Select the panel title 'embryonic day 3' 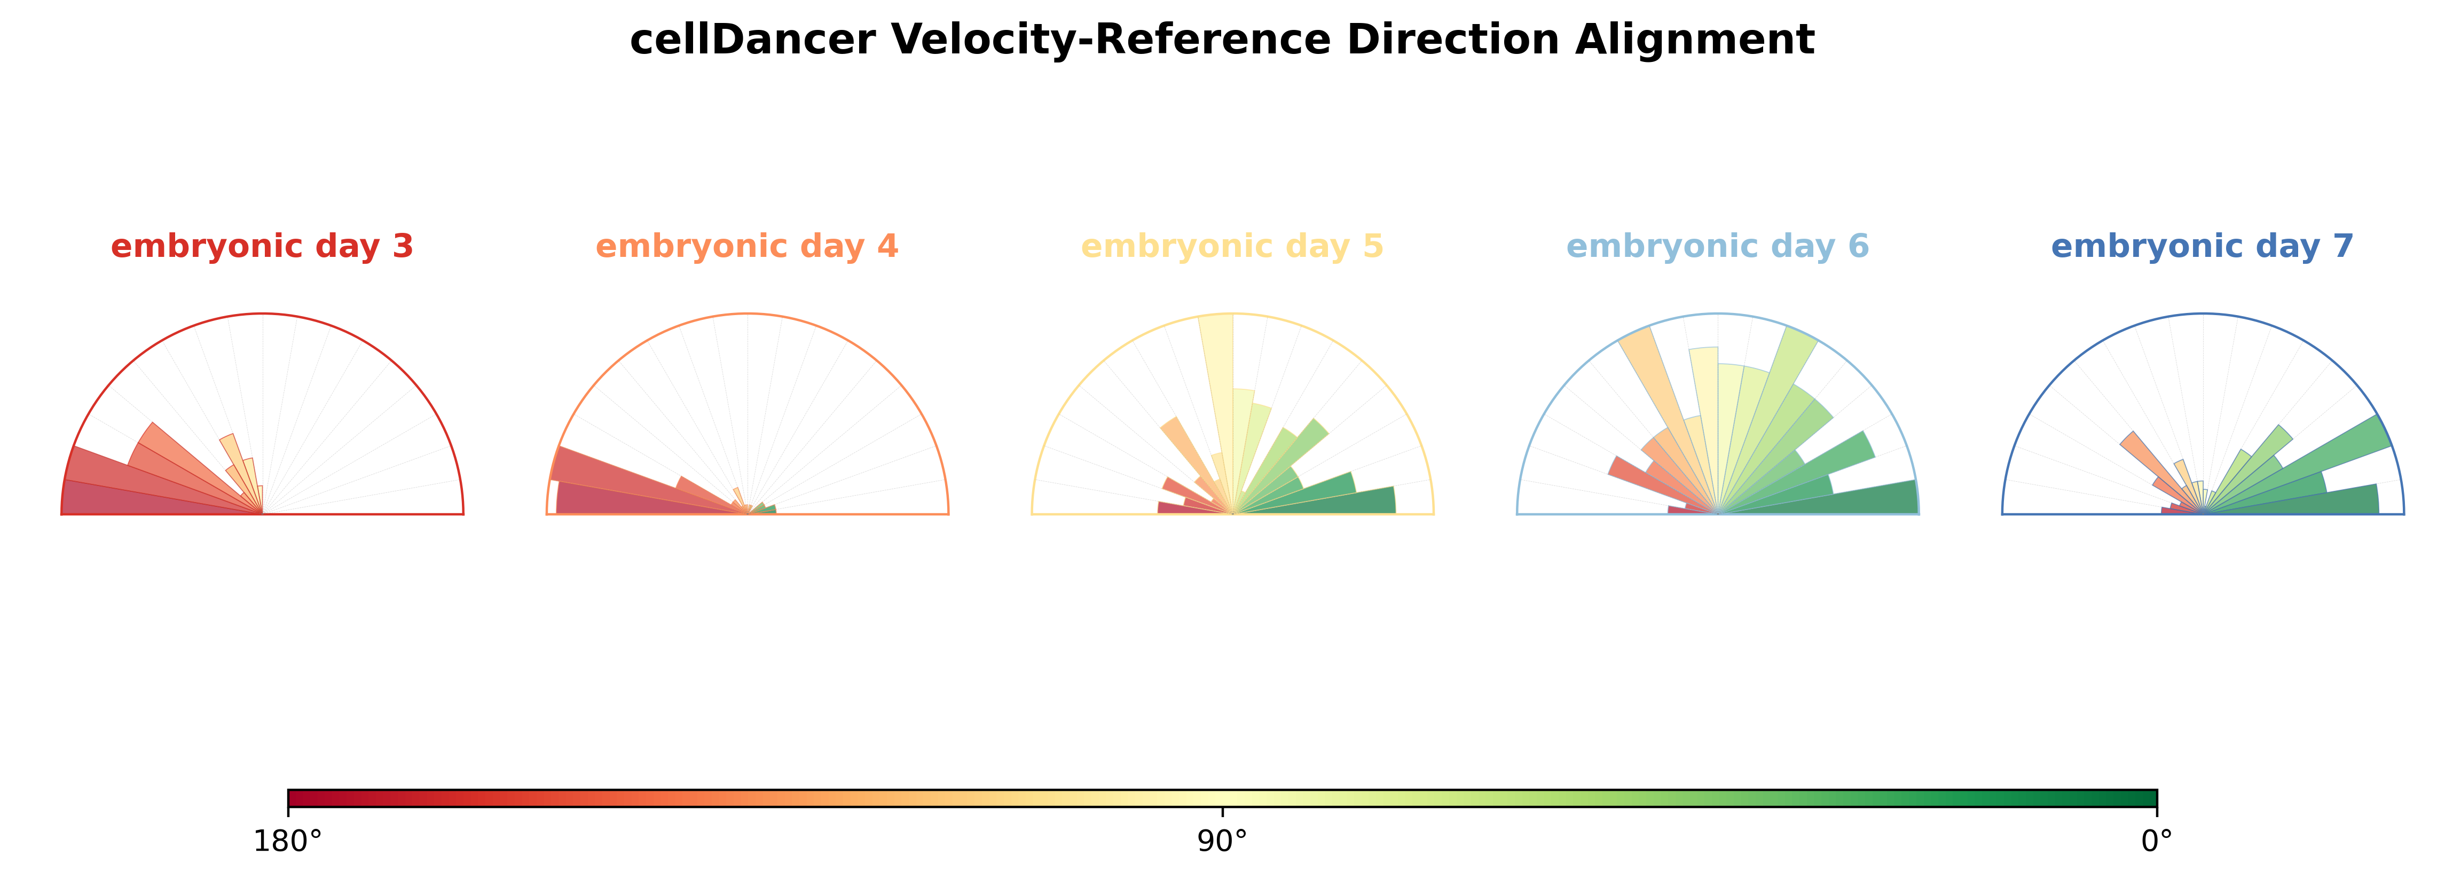(262, 247)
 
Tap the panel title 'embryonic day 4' (747, 247)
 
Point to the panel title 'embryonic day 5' (1232, 247)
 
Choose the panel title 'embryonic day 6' (1717, 247)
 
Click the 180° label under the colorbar (288, 842)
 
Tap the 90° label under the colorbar (1223, 842)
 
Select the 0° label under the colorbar (2157, 842)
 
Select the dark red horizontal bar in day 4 (646, 500)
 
